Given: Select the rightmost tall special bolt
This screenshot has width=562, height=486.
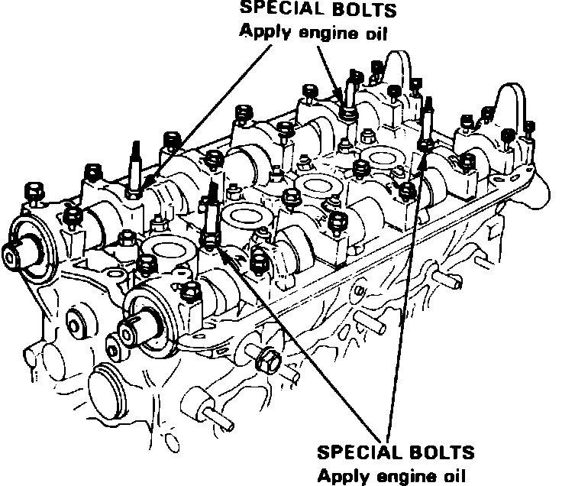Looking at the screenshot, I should click(428, 122).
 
